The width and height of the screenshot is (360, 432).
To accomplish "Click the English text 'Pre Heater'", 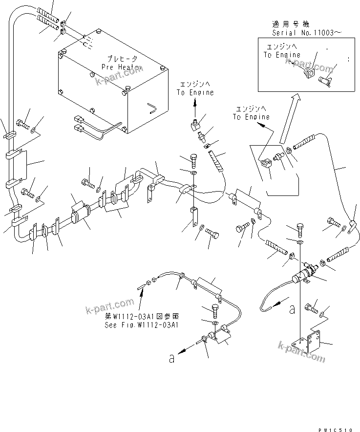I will [119, 66].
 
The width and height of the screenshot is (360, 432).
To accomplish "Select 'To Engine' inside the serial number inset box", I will [282, 55].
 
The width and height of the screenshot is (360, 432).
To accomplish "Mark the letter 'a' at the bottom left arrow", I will [171, 358].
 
